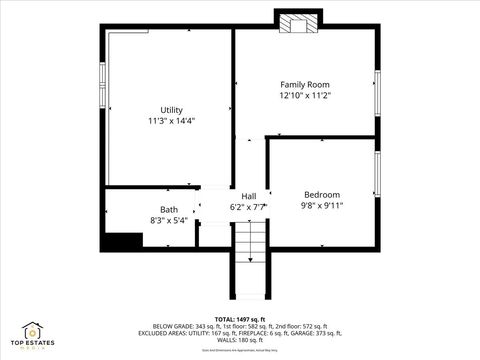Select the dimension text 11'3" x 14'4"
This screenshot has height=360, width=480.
[x=171, y=121]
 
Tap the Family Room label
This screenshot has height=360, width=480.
[x=304, y=85]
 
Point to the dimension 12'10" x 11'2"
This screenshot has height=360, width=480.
[x=304, y=97]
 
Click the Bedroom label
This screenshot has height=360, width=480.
[x=322, y=194]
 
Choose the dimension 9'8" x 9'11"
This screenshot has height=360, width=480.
[x=322, y=206]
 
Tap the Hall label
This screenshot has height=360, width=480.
[x=249, y=195]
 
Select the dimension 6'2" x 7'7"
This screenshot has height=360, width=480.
[x=249, y=207]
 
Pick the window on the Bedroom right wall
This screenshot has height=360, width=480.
[x=377, y=175]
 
